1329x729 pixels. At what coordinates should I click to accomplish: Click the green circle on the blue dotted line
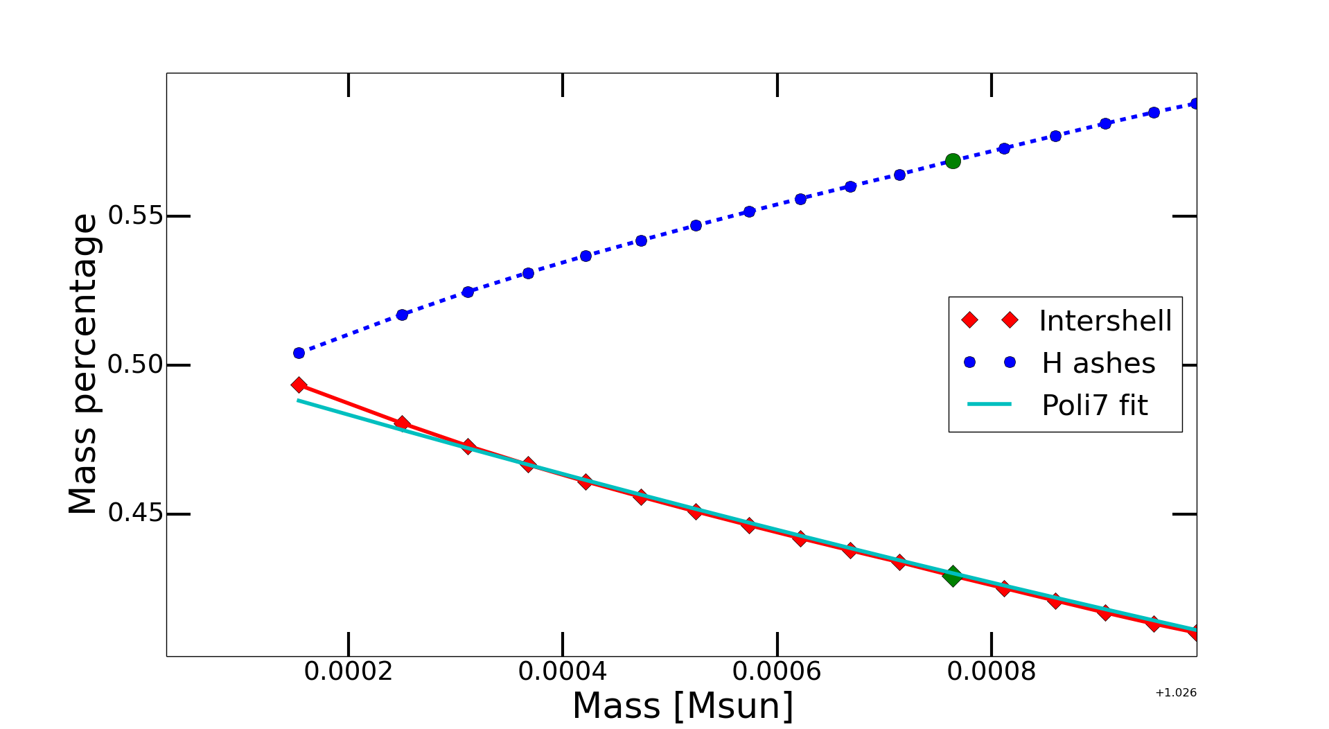pyautogui.click(x=953, y=161)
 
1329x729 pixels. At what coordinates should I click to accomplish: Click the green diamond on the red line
pyautogui.click(x=953, y=576)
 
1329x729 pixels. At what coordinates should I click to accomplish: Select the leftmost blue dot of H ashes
pyautogui.click(x=299, y=353)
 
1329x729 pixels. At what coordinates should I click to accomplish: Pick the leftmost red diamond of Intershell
pyautogui.click(x=299, y=385)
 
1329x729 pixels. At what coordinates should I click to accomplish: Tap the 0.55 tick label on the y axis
pyautogui.click(x=136, y=216)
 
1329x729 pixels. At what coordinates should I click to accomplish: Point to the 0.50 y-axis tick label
pyautogui.click(x=136, y=364)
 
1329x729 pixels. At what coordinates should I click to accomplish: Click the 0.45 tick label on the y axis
pyautogui.click(x=136, y=513)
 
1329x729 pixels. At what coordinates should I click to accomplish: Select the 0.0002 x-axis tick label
pyautogui.click(x=348, y=671)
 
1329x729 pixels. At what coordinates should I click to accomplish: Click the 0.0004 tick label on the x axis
pyautogui.click(x=563, y=671)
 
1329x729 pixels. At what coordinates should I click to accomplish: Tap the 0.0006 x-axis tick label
pyautogui.click(x=777, y=671)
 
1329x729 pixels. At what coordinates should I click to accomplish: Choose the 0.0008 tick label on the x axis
pyautogui.click(x=992, y=671)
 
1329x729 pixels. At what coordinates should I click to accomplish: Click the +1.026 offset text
pyautogui.click(x=1176, y=692)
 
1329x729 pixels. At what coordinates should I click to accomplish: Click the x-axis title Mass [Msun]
pyautogui.click(x=683, y=706)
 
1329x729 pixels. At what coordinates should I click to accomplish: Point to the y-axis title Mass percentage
pyautogui.click(x=83, y=364)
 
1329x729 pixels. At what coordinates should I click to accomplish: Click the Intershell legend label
pyautogui.click(x=1105, y=321)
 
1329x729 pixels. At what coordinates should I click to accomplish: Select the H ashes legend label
pyautogui.click(x=1098, y=363)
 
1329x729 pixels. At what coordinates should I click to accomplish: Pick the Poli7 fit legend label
pyautogui.click(x=1095, y=405)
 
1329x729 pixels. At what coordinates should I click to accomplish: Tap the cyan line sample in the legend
pyautogui.click(x=989, y=405)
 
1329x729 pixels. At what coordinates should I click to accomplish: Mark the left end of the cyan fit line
pyautogui.click(x=298, y=400)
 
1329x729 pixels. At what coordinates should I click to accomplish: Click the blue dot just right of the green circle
pyautogui.click(x=1004, y=148)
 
